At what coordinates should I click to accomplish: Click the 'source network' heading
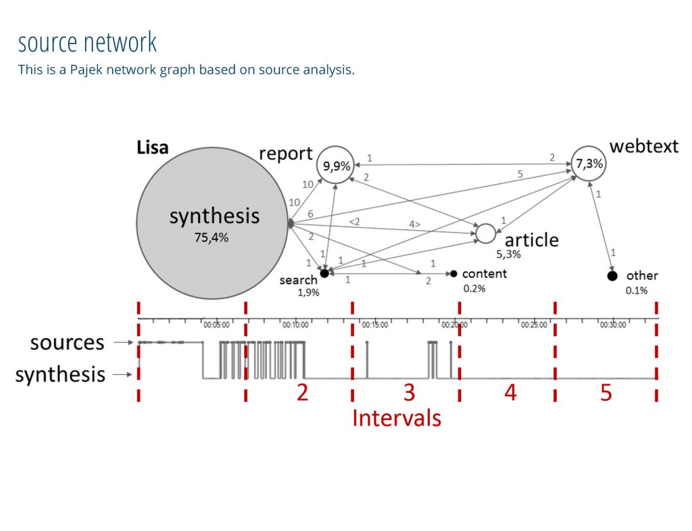pyautogui.click(x=87, y=43)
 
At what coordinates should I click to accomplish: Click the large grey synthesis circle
pyautogui.click(x=214, y=222)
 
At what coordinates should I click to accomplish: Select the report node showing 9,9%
pyautogui.click(x=336, y=164)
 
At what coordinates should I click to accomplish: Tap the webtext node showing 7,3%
pyautogui.click(x=589, y=164)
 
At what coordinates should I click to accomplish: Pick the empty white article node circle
pyautogui.click(x=486, y=233)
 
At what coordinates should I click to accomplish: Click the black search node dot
pyautogui.click(x=324, y=273)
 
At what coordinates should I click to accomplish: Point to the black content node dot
pyautogui.click(x=453, y=273)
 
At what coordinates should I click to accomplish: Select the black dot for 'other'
pyautogui.click(x=612, y=276)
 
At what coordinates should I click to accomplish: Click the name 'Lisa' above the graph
pyautogui.click(x=152, y=147)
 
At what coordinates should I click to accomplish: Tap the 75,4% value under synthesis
pyautogui.click(x=212, y=237)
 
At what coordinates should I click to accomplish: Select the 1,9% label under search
pyautogui.click(x=308, y=292)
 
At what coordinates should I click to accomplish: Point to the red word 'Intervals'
pyautogui.click(x=396, y=418)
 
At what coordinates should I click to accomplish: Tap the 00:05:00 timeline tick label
pyautogui.click(x=216, y=325)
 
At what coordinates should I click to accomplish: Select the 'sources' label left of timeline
pyautogui.click(x=67, y=343)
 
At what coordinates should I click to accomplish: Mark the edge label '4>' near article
pyautogui.click(x=414, y=224)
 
